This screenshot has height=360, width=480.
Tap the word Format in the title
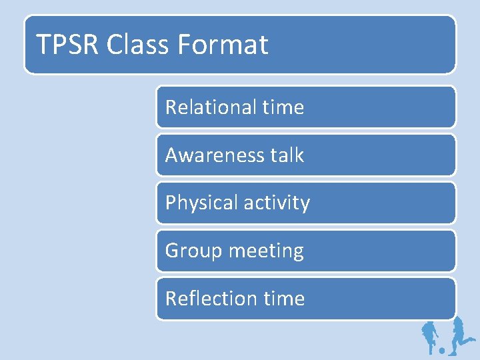[x=223, y=45]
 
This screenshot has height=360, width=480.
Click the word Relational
[x=209, y=107]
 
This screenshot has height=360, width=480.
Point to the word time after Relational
[x=283, y=107]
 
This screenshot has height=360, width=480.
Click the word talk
[x=287, y=155]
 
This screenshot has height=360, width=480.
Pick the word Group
[x=193, y=251]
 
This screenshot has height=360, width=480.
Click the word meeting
[x=266, y=251]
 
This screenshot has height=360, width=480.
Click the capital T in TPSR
[x=43, y=45]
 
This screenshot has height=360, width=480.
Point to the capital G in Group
[x=172, y=251]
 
